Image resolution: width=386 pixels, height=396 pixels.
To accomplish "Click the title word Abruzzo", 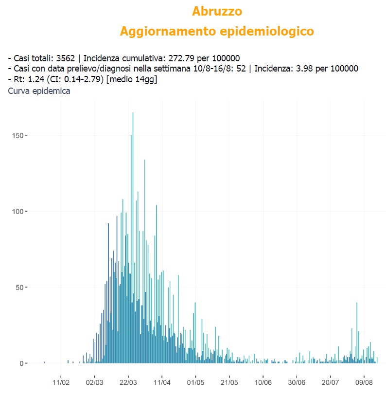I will (217, 11).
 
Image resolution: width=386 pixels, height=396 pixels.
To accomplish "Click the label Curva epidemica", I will (39, 91).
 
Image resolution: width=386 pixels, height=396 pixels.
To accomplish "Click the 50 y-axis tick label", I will (19, 287).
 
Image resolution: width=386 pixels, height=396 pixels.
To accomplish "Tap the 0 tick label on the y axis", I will (21, 363).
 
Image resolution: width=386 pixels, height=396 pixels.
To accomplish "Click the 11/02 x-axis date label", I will (61, 383).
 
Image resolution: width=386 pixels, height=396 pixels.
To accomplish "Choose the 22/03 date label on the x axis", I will (128, 383).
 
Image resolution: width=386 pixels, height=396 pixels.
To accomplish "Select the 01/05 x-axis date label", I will (195, 383).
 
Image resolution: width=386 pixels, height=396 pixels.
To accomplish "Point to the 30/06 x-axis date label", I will (297, 383).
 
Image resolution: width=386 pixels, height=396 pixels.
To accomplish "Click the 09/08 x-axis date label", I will (364, 383).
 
